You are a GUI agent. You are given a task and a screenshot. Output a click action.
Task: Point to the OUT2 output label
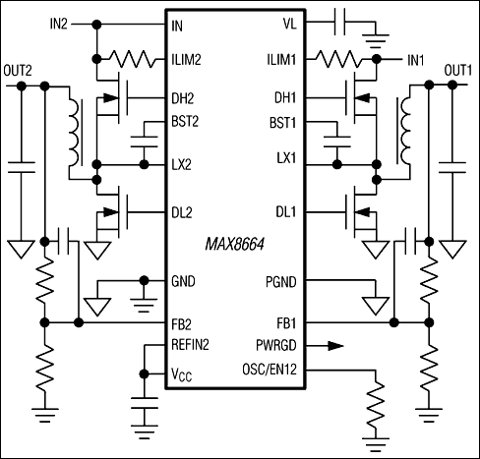[19, 71]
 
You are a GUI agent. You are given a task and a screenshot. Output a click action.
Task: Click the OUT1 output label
[458, 71]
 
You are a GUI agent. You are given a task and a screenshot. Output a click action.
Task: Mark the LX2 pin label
[181, 164]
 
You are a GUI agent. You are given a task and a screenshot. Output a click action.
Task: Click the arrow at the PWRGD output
[335, 345]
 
